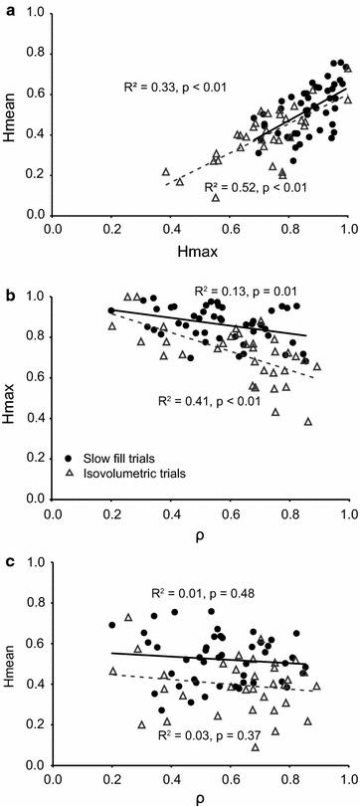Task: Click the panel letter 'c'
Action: click(8, 551)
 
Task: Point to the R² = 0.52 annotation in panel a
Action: click(244, 187)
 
